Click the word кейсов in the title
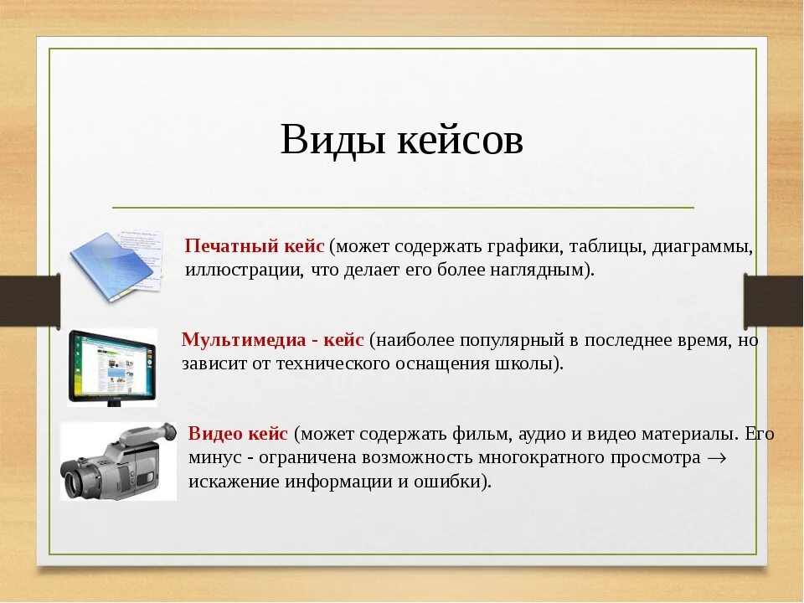[461, 140]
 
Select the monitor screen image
[112, 367]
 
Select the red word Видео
[215, 433]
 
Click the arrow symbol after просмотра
[716, 458]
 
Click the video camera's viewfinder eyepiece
[168, 432]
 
